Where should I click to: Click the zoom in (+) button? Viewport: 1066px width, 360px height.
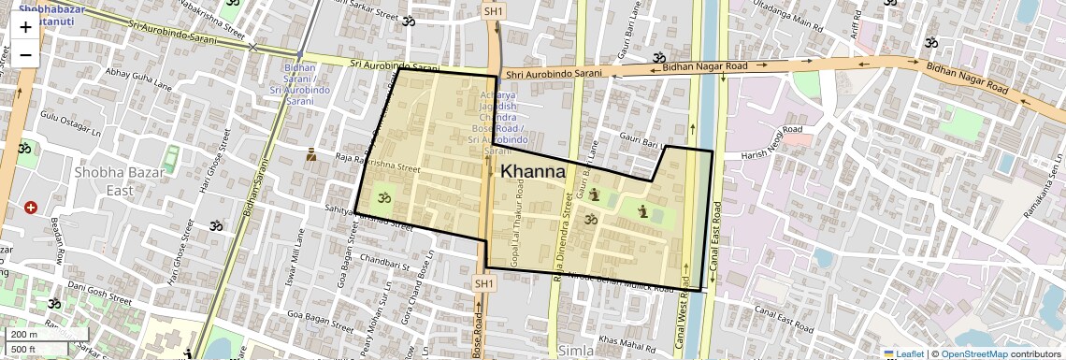tap(25, 27)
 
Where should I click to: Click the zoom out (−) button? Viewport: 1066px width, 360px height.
tap(25, 54)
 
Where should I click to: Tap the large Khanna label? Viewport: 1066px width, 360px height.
tap(533, 172)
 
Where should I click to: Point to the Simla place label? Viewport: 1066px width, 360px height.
tap(575, 351)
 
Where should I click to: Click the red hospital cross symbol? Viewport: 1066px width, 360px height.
tap(31, 207)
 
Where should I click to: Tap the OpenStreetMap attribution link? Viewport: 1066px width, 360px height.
tap(974, 353)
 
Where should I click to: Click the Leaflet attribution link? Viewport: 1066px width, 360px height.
tap(904, 353)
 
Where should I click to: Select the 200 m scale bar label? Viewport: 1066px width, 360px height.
tap(23, 335)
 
